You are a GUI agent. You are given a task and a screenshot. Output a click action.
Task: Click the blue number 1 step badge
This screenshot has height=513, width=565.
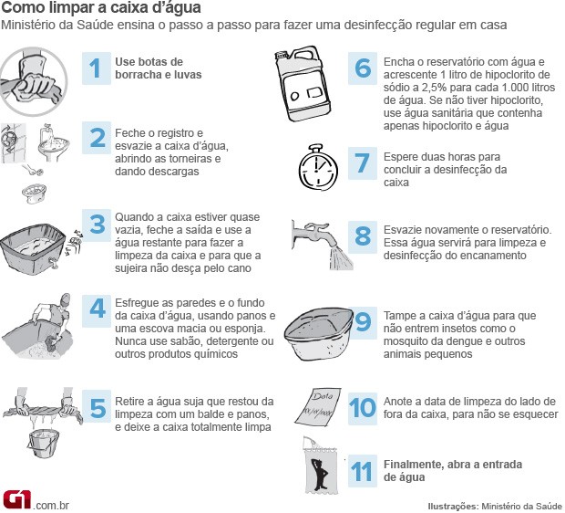click(97, 68)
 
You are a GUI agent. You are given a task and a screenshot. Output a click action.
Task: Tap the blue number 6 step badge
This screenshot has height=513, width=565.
click(362, 68)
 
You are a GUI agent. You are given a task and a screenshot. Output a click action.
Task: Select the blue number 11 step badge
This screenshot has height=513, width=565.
click(362, 471)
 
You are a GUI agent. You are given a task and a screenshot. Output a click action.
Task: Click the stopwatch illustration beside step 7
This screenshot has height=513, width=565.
click(318, 167)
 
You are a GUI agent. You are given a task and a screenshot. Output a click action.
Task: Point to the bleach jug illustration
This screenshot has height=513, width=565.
click(303, 84)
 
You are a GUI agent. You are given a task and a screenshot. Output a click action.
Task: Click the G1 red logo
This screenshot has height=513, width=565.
click(17, 500)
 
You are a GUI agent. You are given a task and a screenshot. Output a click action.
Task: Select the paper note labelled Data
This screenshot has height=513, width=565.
click(318, 406)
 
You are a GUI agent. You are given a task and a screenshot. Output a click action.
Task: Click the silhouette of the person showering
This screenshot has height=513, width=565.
click(320, 474)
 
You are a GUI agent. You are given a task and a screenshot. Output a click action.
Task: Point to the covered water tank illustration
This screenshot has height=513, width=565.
click(319, 334)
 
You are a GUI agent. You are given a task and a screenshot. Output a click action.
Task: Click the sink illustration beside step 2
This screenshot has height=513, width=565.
click(54, 143)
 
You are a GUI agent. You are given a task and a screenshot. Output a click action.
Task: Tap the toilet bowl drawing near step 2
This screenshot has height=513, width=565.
click(34, 193)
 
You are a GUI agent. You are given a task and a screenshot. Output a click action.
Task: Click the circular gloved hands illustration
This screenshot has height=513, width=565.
click(34, 81)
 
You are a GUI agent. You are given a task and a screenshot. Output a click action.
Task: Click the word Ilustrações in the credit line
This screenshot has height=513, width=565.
click(453, 506)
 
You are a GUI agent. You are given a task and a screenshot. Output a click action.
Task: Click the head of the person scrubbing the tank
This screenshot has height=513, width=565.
click(66, 299)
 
